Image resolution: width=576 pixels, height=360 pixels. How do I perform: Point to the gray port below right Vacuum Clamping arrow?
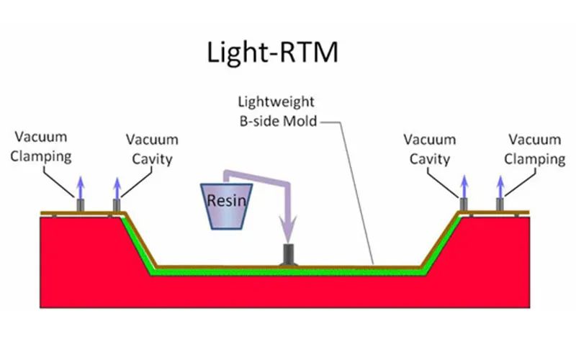click(500, 204)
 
